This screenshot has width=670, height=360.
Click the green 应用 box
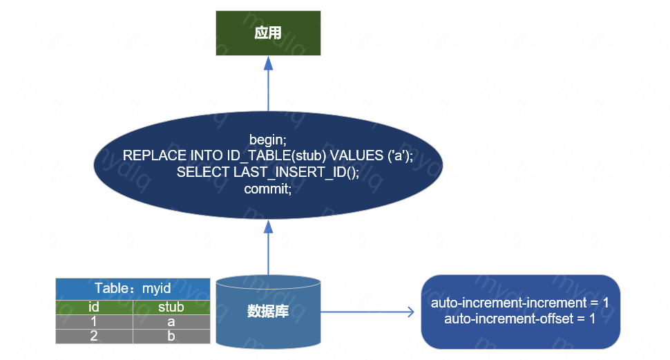268,33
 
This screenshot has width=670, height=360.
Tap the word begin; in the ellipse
268,140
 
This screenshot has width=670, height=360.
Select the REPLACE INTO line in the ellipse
268,156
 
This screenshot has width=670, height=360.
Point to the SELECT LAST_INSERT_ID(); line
268,172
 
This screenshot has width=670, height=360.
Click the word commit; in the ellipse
268,188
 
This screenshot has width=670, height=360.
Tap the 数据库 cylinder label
268,312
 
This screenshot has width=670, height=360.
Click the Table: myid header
133,288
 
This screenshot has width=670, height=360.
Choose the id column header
94,307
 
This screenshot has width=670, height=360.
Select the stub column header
171,307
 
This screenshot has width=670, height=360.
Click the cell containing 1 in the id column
94,321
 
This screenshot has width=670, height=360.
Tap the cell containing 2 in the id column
94,336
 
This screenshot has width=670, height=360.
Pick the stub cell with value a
171,321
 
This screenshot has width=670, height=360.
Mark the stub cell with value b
171,336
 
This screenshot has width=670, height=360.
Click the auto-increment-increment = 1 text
519,303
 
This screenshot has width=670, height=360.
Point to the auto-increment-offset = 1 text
519,319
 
